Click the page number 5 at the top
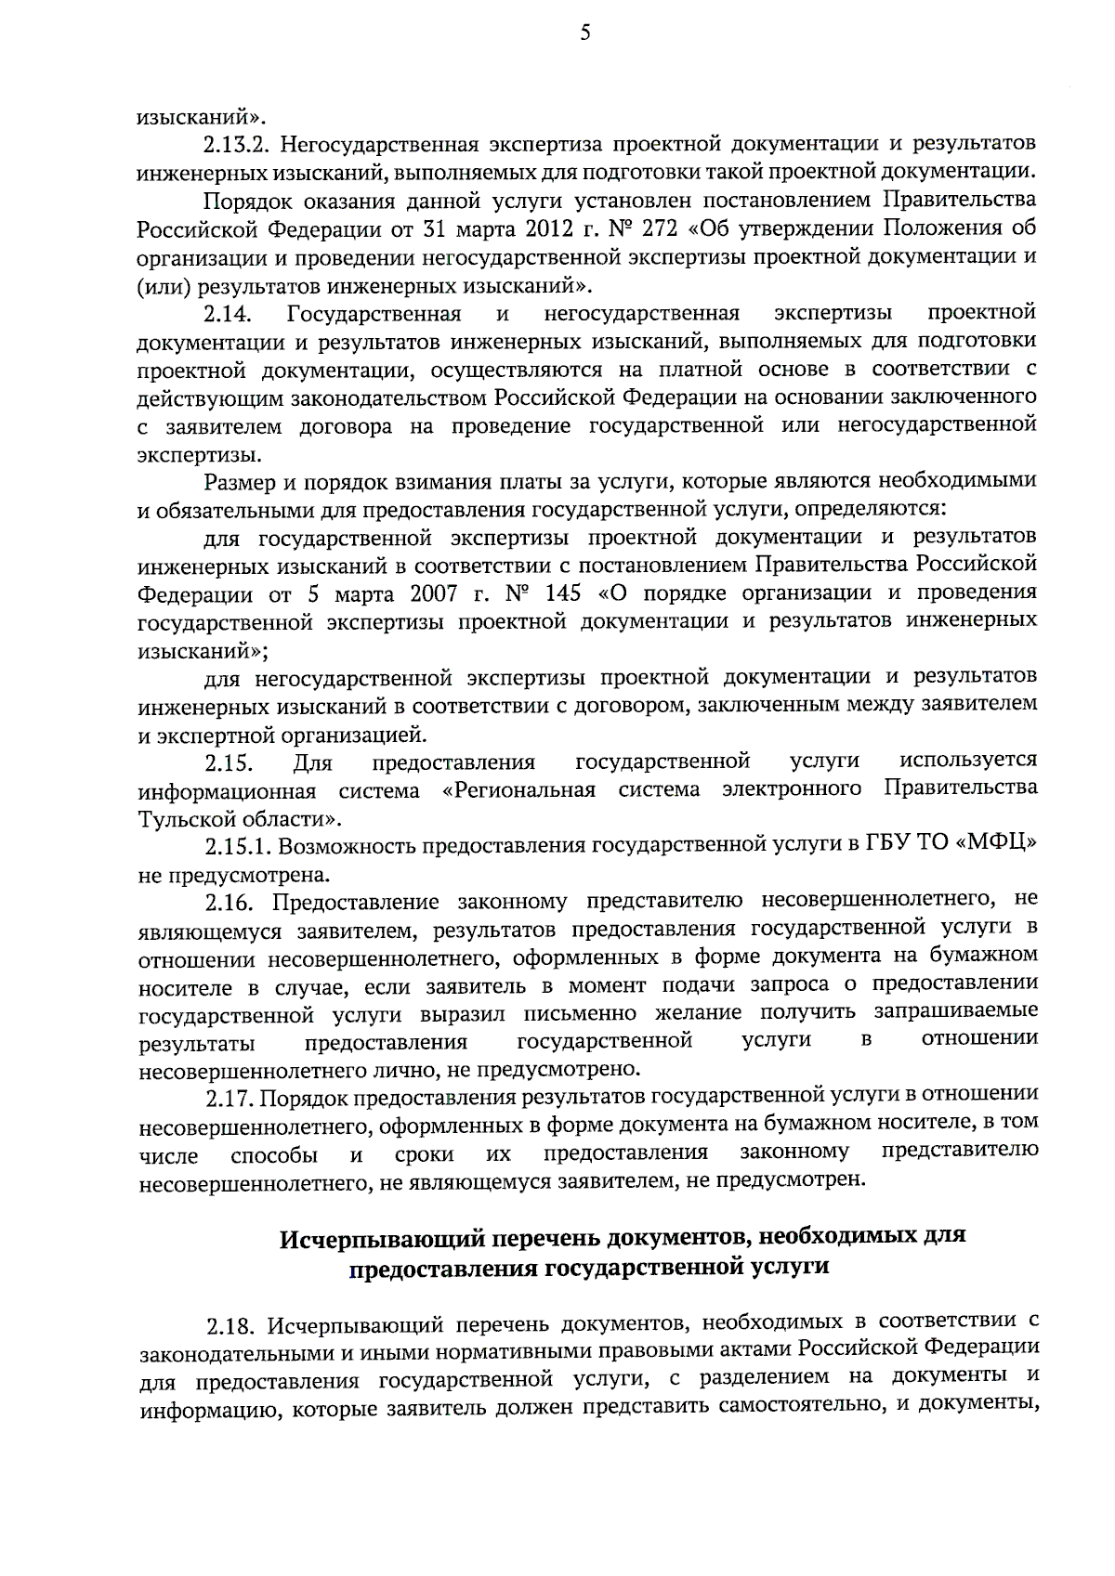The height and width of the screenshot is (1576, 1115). click(x=584, y=33)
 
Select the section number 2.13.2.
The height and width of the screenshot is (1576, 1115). click(x=236, y=145)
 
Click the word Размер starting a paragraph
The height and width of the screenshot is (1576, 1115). click(x=238, y=481)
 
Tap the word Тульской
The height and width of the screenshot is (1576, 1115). click(x=182, y=819)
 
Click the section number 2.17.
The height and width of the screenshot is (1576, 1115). click(x=230, y=1100)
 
